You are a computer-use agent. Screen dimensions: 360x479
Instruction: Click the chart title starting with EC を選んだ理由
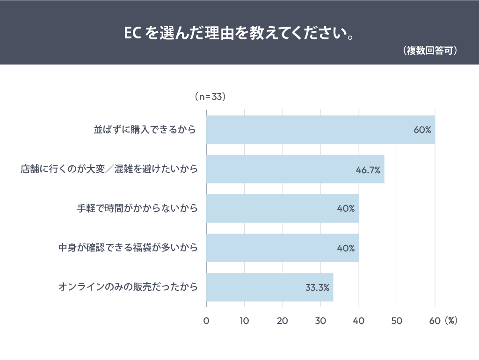239,34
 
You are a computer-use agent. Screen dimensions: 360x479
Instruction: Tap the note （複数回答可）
429,51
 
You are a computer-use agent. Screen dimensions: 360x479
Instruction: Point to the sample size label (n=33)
210,97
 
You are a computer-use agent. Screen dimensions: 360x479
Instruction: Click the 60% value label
422,130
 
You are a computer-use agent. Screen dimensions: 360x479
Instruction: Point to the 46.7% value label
368,169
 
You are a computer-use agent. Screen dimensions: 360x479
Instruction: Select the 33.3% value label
317,287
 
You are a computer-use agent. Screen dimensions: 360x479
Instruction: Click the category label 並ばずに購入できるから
145,130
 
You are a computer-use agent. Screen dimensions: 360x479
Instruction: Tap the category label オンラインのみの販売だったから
128,287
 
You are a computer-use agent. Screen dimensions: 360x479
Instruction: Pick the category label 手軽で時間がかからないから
137,208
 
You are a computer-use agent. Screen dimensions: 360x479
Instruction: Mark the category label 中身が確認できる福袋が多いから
128,248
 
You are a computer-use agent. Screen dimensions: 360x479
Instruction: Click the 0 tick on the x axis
206,321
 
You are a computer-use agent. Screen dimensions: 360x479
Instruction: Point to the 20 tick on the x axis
282,321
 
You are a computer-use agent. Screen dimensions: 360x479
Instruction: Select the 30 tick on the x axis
320,321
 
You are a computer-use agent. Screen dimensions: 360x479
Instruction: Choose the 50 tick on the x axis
397,321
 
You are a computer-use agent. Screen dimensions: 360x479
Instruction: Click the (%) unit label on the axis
451,321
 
